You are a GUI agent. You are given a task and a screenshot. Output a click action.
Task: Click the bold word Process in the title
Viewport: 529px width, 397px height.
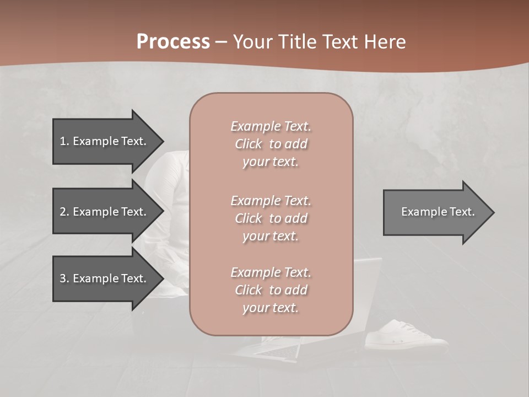[x=173, y=41]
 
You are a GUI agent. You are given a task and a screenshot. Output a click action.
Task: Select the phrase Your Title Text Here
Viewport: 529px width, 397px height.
[x=319, y=41]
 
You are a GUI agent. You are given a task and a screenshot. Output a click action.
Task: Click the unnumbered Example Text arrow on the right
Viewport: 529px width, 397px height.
[x=438, y=212]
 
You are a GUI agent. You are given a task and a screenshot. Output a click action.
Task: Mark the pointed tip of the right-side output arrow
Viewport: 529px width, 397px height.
[x=493, y=212]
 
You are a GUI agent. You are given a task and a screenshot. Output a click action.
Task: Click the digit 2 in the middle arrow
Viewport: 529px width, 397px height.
[x=63, y=212]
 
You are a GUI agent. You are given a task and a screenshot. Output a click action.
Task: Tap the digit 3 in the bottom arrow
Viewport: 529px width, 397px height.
[x=63, y=278]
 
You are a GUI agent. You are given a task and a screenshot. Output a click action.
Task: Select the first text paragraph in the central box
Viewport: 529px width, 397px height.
[x=271, y=144]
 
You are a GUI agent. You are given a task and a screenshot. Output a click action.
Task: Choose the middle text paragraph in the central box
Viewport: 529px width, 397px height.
[x=271, y=218]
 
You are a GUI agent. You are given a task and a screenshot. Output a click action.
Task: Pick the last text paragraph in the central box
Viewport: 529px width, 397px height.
[x=271, y=290]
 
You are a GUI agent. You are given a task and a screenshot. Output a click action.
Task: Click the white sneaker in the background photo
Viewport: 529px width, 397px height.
[x=407, y=335]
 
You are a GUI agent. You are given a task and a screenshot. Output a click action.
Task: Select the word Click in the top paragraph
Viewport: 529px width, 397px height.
[x=249, y=144]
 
